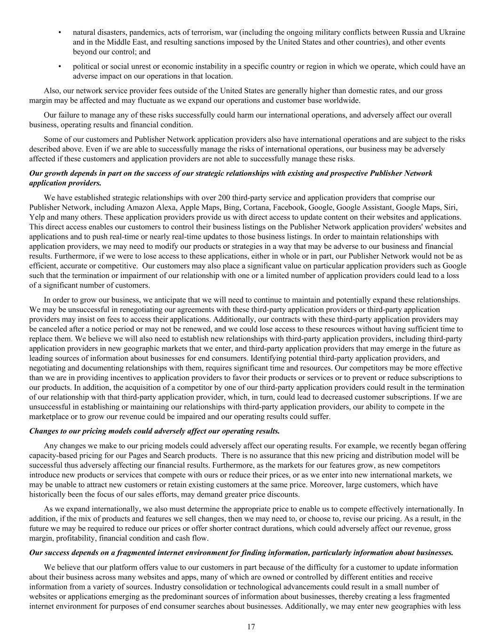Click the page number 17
251,626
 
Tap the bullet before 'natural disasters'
60,32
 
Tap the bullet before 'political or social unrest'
60,66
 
